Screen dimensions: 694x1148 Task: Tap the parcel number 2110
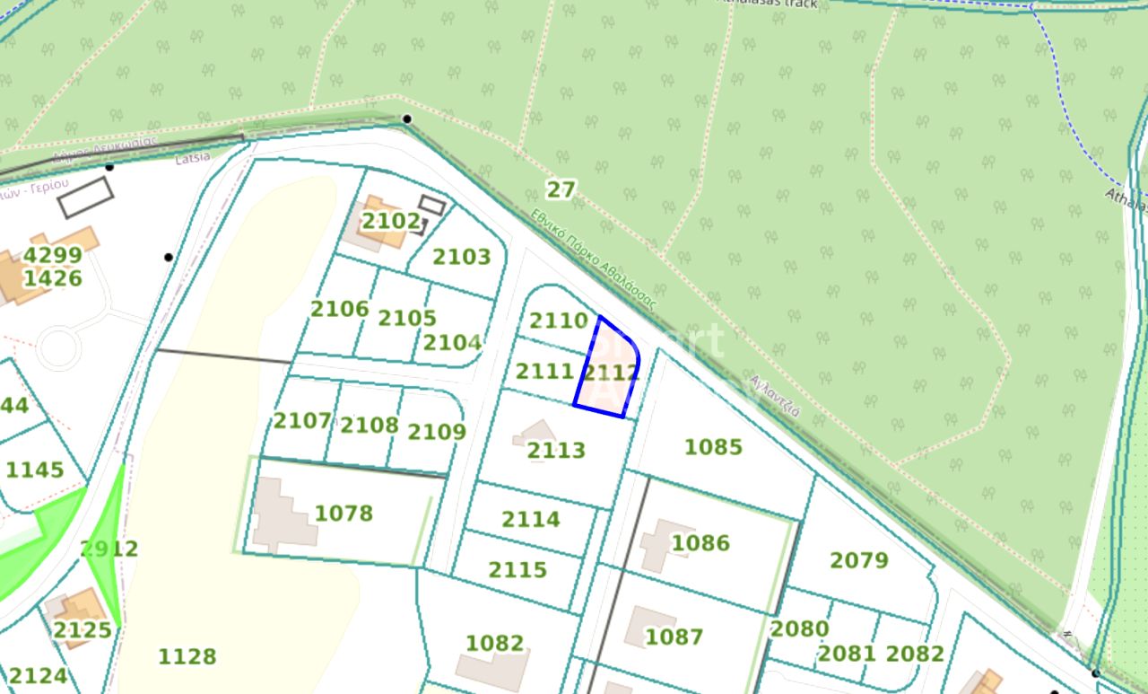[558, 321]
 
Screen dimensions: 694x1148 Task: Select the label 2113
[556, 450]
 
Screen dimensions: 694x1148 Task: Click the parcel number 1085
[713, 446]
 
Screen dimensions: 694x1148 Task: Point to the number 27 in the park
[561, 189]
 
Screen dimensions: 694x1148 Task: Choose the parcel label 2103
[462, 257]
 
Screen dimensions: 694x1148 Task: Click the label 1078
[344, 513]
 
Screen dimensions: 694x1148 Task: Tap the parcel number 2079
[858, 560]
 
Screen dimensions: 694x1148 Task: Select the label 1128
[187, 656]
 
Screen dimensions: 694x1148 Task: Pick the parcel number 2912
[109, 549]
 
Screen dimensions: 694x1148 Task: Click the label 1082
[494, 643]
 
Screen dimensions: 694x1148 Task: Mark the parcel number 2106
[340, 309]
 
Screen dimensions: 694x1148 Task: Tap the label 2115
[517, 569]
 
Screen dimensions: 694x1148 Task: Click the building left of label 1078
[280, 514]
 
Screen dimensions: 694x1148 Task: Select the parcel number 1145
[35, 470]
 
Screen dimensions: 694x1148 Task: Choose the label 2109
[437, 432]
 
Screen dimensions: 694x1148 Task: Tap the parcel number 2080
[799, 628]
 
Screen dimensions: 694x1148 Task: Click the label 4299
[52, 255]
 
